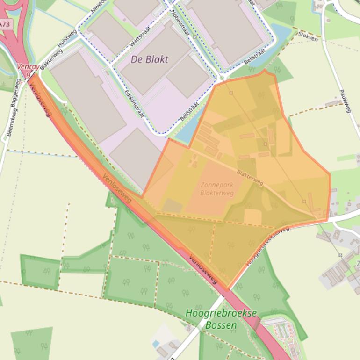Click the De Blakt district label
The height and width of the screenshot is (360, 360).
point(149,59)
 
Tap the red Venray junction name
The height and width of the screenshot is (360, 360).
point(25,67)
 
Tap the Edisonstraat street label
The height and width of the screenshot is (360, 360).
point(135,103)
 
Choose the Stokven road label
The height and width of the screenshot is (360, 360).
point(307,36)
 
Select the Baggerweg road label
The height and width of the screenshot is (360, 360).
point(18,94)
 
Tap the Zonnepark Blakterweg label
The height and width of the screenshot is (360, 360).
point(216,188)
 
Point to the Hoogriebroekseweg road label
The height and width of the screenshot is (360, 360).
point(267,247)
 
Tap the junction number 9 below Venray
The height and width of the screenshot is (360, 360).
point(28,74)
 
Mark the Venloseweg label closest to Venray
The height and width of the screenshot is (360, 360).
point(41,96)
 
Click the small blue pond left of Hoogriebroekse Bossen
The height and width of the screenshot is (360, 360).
point(156,344)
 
